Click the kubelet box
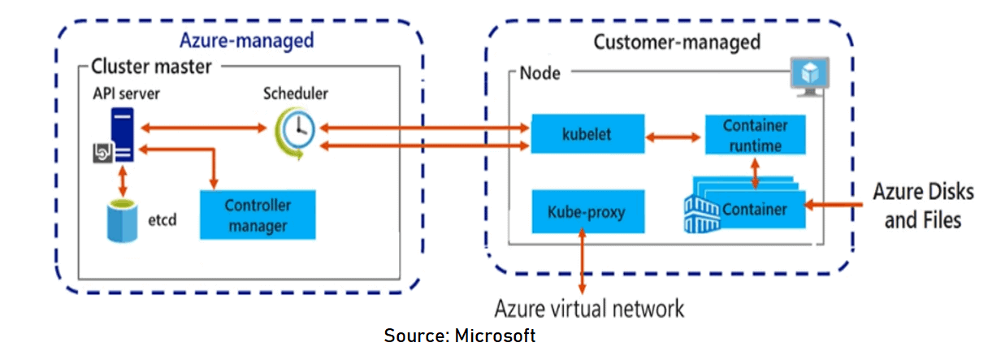586,134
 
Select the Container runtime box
756,135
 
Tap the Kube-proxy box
586,211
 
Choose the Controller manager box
257,214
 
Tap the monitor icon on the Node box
810,76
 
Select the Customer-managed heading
676,41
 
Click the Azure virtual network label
589,309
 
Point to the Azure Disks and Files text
921,206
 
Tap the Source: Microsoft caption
460,336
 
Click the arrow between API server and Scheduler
204,128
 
